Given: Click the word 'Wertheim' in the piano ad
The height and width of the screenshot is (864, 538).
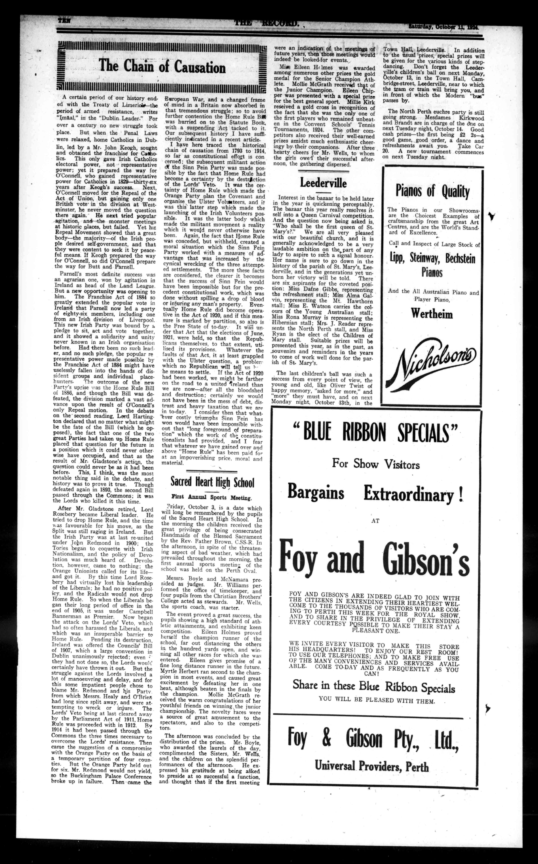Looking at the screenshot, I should point(432,314).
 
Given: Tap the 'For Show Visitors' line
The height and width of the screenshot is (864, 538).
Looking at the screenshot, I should point(376,464).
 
